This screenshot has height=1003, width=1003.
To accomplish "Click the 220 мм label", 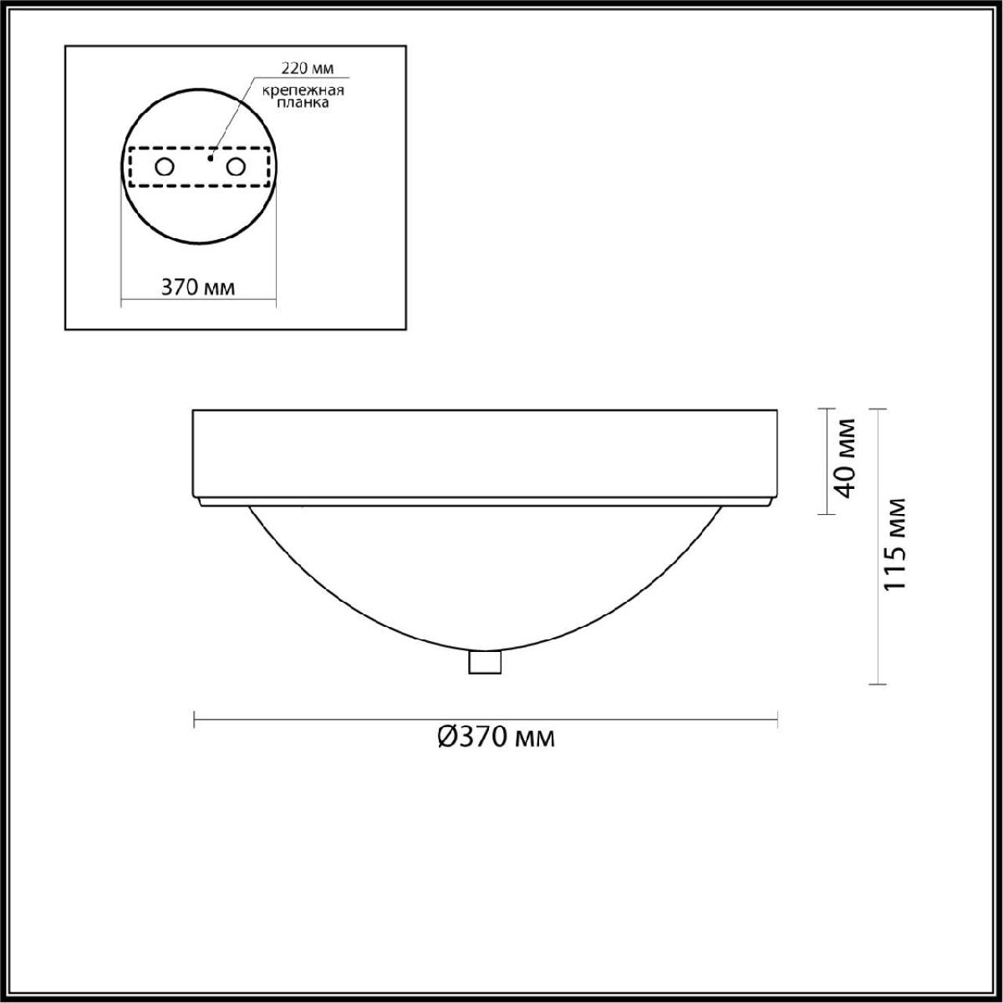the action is [x=308, y=69].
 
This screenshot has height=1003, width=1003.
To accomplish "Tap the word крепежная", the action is [x=303, y=91].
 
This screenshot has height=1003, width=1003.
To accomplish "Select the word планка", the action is [x=303, y=103].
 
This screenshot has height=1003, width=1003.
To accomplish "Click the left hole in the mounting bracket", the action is [x=165, y=167].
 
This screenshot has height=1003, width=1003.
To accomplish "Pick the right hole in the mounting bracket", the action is [x=235, y=167].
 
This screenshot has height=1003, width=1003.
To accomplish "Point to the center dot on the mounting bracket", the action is [x=211, y=158].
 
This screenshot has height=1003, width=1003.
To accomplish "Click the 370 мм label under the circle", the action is [x=198, y=288].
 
